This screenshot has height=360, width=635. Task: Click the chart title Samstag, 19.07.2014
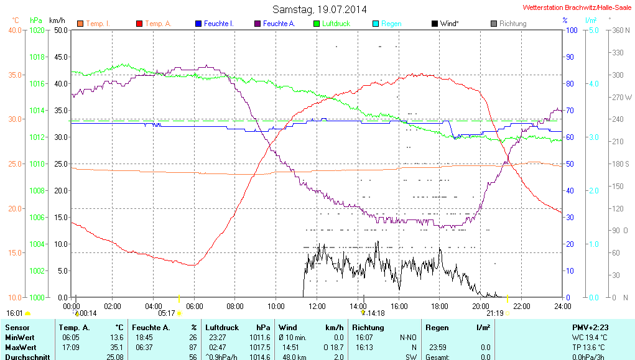pyautogui.click(x=320, y=9)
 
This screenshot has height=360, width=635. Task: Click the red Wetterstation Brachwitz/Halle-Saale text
pyautogui.click(x=578, y=8)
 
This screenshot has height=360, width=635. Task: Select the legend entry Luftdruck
pyautogui.click(x=336, y=24)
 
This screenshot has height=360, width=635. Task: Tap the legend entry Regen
pyautogui.click(x=391, y=24)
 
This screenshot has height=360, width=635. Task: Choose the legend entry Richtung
pyautogui.click(x=512, y=24)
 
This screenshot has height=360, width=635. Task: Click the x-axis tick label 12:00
pyautogui.click(x=317, y=306)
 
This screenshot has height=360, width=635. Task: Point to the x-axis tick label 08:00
pyautogui.click(x=235, y=306)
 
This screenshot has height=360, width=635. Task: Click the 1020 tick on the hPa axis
pyautogui.click(x=37, y=30)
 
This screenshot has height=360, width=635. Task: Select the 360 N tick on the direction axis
pyautogui.click(x=618, y=30)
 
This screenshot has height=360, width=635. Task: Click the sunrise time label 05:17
pyautogui.click(x=167, y=313)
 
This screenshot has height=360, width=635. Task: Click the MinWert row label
pyautogui.click(x=19, y=336)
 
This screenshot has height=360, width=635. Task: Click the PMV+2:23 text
pyautogui.click(x=591, y=327)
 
